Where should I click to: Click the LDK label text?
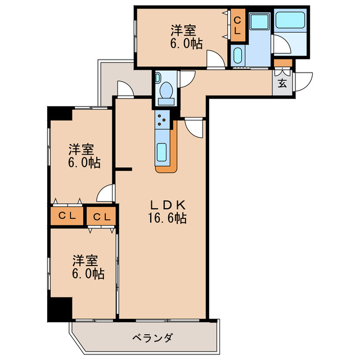point(164,204)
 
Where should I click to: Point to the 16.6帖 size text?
point(164,218)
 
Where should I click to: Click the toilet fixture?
point(166,91)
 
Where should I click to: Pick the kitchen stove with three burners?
point(162,120)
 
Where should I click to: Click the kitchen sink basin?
point(162,152)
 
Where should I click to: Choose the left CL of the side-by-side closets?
point(66,215)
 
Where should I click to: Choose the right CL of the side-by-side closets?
point(101,216)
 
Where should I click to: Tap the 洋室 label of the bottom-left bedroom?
point(85,261)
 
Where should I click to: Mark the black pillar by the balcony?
point(58,308)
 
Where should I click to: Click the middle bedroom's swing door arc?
point(105,193)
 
